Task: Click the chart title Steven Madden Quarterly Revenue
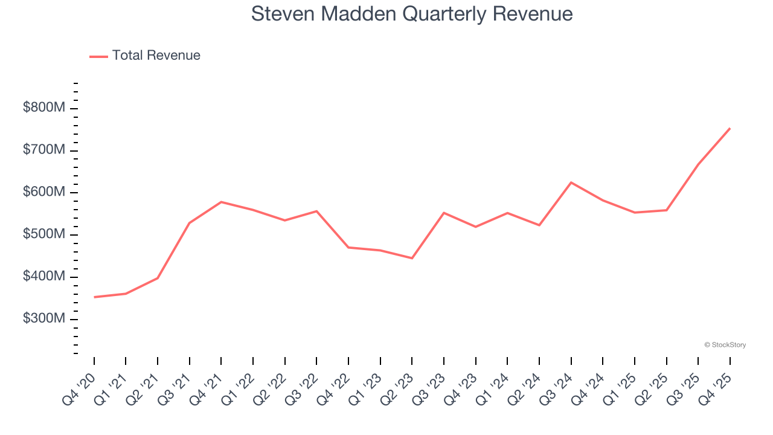412,14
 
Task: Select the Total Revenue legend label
156,56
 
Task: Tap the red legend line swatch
98,56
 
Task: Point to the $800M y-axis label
44,108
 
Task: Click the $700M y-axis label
44,150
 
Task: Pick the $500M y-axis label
44,234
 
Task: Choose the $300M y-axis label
44,318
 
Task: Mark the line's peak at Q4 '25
730,128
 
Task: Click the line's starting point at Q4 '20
94,297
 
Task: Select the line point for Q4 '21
221,202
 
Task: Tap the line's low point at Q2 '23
412,258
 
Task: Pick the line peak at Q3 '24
571,182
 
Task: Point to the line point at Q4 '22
348,247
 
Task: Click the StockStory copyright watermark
725,345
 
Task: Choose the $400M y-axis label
44,277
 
